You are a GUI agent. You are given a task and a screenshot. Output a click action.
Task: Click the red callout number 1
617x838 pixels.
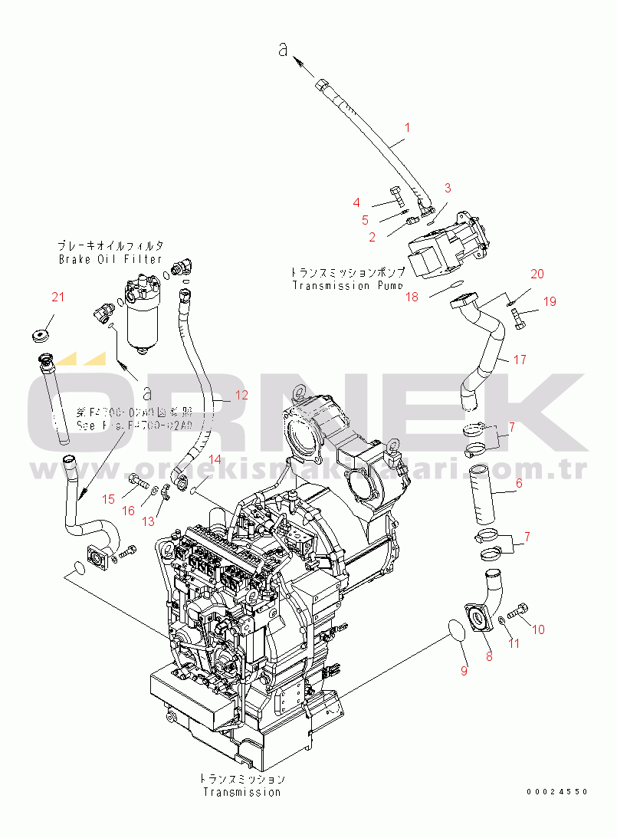(408, 127)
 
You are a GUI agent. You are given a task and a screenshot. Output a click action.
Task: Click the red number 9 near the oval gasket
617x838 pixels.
(463, 671)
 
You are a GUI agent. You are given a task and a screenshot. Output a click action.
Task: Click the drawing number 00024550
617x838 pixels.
(557, 791)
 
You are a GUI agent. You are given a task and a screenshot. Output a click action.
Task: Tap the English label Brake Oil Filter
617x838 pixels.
(110, 259)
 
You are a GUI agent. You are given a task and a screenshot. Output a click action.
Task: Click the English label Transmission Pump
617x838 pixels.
(347, 285)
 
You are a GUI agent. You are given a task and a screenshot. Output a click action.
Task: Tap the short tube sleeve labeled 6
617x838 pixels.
(484, 489)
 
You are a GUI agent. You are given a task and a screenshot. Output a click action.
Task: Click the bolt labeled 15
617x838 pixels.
(137, 482)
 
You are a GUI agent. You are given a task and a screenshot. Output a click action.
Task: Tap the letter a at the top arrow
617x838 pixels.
(284, 50)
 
